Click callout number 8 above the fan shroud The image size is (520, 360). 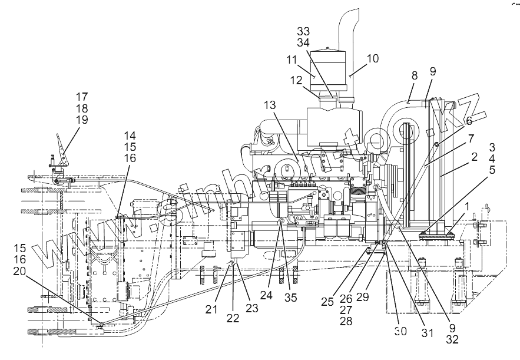[x=415, y=76]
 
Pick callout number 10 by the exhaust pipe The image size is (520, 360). [x=373, y=59]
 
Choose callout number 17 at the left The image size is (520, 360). [x=81, y=95]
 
